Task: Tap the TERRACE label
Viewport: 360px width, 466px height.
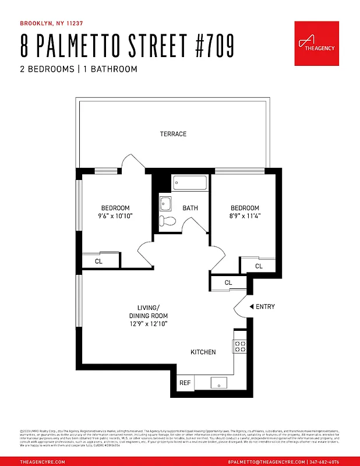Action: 174,134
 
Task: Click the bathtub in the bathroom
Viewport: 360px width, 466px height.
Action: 190,183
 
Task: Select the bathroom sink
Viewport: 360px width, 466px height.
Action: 166,204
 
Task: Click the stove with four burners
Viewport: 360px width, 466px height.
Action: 240,347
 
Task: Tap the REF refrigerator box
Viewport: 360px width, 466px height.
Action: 185,383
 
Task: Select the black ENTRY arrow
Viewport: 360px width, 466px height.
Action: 251,307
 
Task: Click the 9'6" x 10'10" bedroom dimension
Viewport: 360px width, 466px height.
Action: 115,216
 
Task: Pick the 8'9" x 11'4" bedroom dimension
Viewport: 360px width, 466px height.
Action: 244,216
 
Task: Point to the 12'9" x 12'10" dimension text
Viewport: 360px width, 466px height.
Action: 148,324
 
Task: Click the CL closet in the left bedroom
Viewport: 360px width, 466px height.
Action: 99,262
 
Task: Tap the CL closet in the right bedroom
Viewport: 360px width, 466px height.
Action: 258,266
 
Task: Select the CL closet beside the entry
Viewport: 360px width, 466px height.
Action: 228,283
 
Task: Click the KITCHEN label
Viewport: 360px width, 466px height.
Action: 203,352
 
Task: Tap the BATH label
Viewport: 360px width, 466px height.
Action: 190,208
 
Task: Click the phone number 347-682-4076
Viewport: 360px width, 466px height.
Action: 324,461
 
